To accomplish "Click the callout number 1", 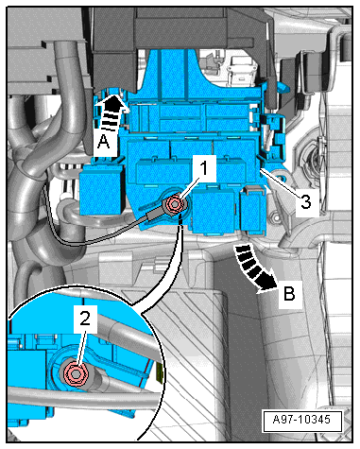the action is (x=204, y=168).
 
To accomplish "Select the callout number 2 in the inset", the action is (x=85, y=319).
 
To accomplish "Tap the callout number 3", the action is (x=305, y=201).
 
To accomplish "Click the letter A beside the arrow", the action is (x=103, y=141).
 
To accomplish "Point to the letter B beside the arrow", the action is (x=289, y=294).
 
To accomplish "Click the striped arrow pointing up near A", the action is (x=111, y=112).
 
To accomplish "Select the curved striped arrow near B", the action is (x=254, y=268).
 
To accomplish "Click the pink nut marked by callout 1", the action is (x=174, y=204).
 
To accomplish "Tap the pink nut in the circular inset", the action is (x=76, y=373).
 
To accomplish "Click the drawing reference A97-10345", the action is (x=302, y=420).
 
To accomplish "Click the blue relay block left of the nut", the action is (x=101, y=190).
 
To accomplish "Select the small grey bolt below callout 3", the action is (x=276, y=217).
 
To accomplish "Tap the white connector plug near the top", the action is (x=240, y=70).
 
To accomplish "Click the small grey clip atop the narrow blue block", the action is (x=253, y=189).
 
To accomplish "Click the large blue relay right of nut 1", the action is (x=213, y=210).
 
